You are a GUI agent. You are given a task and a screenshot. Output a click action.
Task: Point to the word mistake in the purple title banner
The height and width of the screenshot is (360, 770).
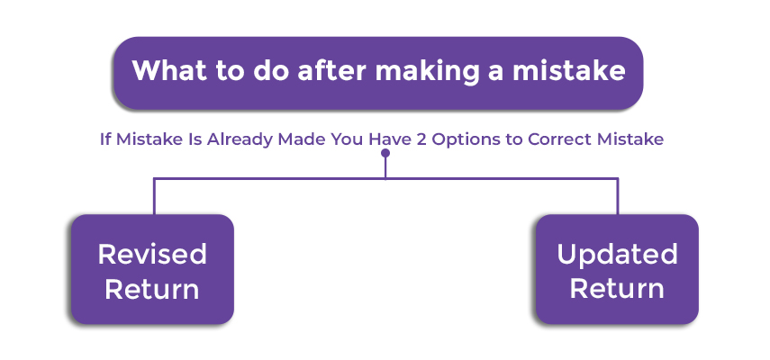pos(569,70)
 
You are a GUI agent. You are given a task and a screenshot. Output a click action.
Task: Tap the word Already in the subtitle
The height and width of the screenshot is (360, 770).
pos(240,139)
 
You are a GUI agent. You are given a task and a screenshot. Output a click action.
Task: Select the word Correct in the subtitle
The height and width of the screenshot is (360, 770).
pos(559,139)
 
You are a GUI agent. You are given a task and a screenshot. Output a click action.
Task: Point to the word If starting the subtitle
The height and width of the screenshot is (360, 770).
pos(104,139)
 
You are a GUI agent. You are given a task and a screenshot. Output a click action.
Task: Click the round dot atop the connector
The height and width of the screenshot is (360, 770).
pos(385,153)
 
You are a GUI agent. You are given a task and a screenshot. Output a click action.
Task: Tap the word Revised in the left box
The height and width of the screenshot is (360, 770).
pos(152,254)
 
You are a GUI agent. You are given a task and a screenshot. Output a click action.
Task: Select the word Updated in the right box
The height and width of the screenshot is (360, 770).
pos(617,255)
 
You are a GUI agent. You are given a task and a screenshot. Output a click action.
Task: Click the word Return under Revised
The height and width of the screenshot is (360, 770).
pos(151,289)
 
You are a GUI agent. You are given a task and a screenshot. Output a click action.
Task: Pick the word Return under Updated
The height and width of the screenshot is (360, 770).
pos(617,288)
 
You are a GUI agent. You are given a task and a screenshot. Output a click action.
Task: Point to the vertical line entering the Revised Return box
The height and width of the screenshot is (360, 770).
pos(154,196)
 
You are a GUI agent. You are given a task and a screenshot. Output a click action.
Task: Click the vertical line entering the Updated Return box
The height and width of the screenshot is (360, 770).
pos(617,196)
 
